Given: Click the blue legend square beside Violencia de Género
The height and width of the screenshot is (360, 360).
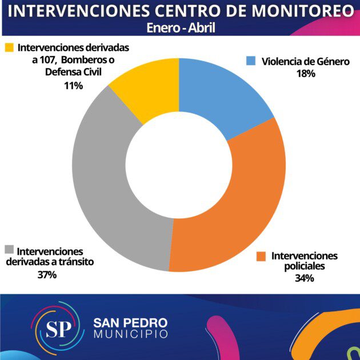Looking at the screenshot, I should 250,61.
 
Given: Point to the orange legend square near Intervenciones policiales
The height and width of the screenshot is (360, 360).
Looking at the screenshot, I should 261,256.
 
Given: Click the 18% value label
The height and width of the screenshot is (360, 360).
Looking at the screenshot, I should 306,74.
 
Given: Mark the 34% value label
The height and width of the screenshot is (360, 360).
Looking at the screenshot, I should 305,278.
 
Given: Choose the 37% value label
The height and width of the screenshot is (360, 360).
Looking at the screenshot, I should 47,275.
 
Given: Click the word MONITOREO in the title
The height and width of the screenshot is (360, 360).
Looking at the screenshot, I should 297,11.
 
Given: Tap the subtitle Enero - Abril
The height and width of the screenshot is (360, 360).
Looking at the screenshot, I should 179,27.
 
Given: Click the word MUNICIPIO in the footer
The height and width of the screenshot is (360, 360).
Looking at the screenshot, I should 131,334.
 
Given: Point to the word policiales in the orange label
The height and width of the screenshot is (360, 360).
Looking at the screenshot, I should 305,266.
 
